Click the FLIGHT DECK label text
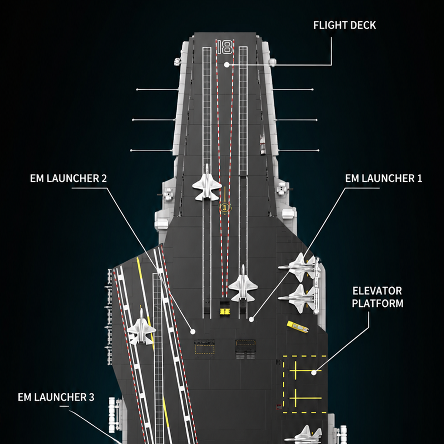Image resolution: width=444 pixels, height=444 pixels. point(344,26)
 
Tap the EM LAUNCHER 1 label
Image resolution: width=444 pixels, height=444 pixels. point(383,178)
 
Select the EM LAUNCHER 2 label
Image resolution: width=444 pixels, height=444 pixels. point(68,178)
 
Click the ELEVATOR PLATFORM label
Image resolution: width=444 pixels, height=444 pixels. point(378,297)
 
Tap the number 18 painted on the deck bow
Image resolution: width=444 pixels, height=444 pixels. point(225,47)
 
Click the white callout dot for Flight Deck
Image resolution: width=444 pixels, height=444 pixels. point(227,65)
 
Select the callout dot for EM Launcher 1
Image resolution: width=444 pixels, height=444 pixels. point(251,320)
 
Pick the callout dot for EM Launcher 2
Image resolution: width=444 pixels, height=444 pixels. point(193,332)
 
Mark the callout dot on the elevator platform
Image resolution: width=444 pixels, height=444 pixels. point(314,373)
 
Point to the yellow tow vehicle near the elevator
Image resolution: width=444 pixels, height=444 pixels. point(298,327)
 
